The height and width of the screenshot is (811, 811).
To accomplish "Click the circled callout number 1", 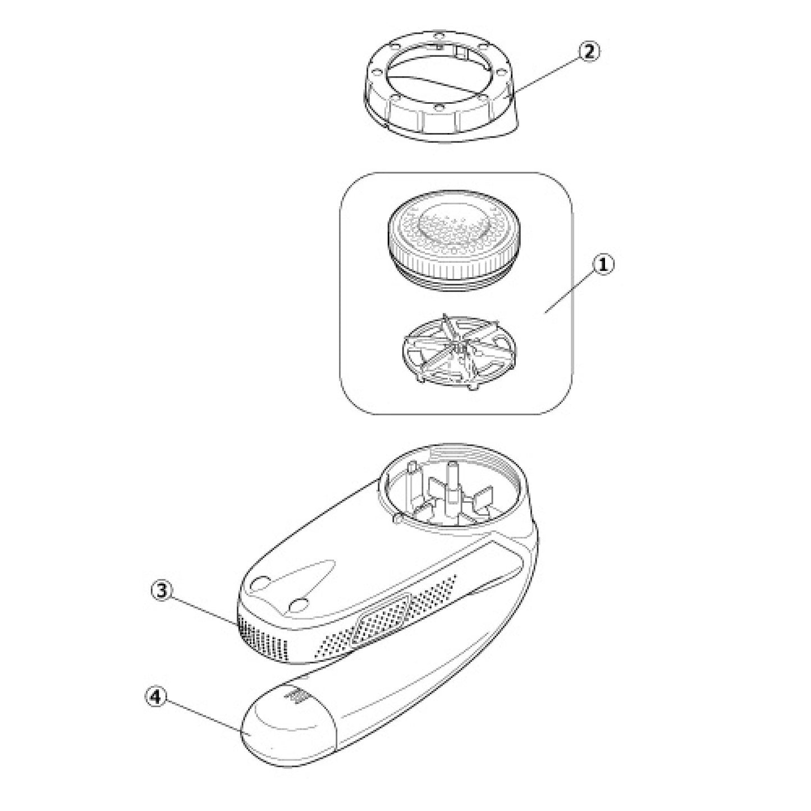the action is tap(603, 265).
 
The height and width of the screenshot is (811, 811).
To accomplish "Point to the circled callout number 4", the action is tap(155, 698).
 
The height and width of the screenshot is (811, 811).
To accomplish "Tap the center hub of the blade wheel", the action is tap(458, 347).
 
